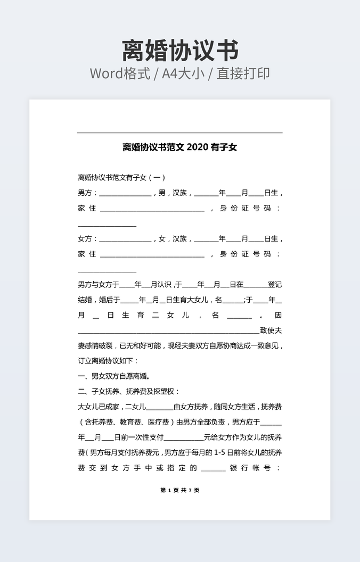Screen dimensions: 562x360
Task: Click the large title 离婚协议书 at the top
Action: pyautogui.click(x=180, y=51)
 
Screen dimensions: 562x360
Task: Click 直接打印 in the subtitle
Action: pyautogui.click(x=243, y=73)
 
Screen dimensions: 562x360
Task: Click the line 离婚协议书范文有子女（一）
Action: pyautogui.click(x=122, y=177)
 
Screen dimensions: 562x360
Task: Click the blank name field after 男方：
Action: pyautogui.click(x=125, y=194)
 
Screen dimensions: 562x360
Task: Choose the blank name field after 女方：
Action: pyautogui.click(x=125, y=240)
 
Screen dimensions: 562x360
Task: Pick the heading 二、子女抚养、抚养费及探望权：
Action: pyautogui.click(x=129, y=392)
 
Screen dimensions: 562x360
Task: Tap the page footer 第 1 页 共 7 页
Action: pyautogui.click(x=180, y=490)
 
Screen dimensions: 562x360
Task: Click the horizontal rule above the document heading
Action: pyautogui.click(x=180, y=133)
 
